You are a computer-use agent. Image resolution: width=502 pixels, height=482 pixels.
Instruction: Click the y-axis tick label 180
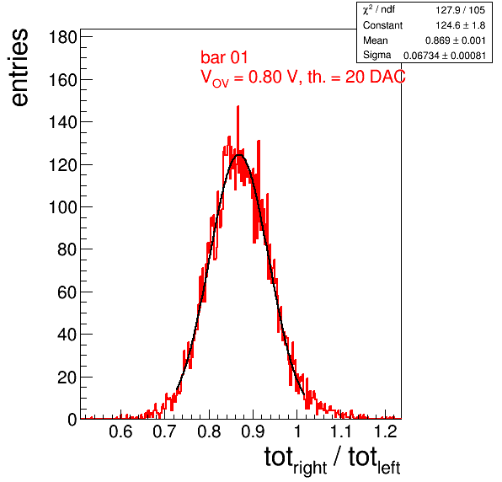(62, 37)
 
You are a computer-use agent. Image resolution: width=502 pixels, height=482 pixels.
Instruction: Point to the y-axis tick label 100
(62, 207)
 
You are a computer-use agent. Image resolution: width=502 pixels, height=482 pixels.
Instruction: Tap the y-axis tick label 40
(67, 335)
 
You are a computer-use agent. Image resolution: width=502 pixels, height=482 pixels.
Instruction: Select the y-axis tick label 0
(72, 420)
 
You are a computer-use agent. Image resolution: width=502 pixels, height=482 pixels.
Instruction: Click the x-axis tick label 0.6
(120, 431)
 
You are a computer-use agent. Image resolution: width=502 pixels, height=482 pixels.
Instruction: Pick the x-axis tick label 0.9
(253, 431)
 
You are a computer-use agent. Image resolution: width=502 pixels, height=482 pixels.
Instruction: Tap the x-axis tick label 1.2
(386, 431)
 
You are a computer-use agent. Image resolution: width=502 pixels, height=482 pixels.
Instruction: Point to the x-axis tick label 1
(297, 431)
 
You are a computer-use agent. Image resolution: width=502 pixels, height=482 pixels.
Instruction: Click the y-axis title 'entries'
(19, 67)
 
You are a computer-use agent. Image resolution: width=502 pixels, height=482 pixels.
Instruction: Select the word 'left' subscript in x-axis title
(389, 469)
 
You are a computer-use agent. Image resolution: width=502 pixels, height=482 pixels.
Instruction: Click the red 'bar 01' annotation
(224, 57)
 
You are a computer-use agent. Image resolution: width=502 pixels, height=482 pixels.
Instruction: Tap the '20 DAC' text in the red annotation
(375, 77)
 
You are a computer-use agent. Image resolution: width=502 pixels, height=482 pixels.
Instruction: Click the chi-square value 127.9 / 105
(460, 10)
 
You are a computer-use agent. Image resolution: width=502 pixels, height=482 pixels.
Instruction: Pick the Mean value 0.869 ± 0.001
(456, 40)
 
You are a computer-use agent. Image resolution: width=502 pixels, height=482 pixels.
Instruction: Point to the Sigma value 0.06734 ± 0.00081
(445, 56)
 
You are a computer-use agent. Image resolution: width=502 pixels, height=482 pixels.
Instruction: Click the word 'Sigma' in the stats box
(376, 55)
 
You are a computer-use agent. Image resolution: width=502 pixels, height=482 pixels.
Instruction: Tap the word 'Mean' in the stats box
(375, 40)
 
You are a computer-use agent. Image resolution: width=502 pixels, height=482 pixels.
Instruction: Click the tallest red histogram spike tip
(238, 106)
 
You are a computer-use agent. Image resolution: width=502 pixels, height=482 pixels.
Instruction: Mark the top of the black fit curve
(239, 155)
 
